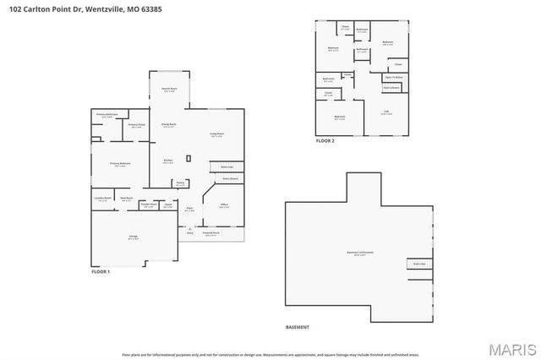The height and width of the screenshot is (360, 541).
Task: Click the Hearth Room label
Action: point(169,89)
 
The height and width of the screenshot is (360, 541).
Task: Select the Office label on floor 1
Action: point(225,205)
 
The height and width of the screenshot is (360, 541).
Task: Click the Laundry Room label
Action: point(102,199)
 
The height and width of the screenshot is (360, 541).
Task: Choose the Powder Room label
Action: point(149,205)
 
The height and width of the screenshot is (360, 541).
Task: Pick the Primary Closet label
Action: point(136,126)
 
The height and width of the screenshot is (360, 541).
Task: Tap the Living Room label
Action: point(216,134)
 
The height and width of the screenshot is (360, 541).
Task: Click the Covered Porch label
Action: point(210,232)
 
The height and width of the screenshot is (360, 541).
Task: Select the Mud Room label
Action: point(127,199)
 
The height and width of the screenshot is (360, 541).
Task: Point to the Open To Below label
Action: point(393,76)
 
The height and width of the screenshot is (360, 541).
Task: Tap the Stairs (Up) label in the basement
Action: point(418,264)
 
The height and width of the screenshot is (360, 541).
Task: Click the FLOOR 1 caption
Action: point(101,270)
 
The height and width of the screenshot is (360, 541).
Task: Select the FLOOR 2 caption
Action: point(325,141)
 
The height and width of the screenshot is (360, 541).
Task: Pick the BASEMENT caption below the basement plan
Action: point(298,327)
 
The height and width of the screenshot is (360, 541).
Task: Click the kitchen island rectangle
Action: point(189,158)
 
